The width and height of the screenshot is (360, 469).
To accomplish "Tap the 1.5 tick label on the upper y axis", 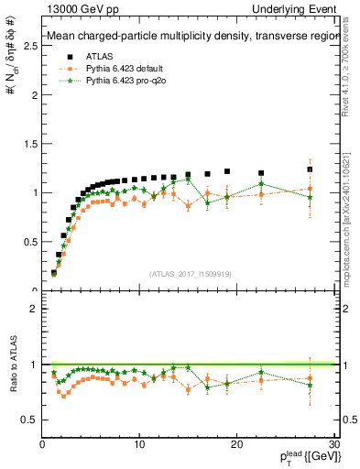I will point(29,143).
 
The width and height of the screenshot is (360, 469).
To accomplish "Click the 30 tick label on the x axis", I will point(333,444).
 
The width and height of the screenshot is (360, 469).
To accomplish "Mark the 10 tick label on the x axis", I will point(139,444).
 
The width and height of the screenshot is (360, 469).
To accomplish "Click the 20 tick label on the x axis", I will point(236,444).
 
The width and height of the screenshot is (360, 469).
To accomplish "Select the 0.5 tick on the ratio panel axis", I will point(29,420).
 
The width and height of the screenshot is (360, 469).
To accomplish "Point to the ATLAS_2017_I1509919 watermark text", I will point(189,274).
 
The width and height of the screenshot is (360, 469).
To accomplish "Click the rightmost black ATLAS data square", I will point(310,169).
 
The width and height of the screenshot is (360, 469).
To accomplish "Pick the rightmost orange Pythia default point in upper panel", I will point(310,189).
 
